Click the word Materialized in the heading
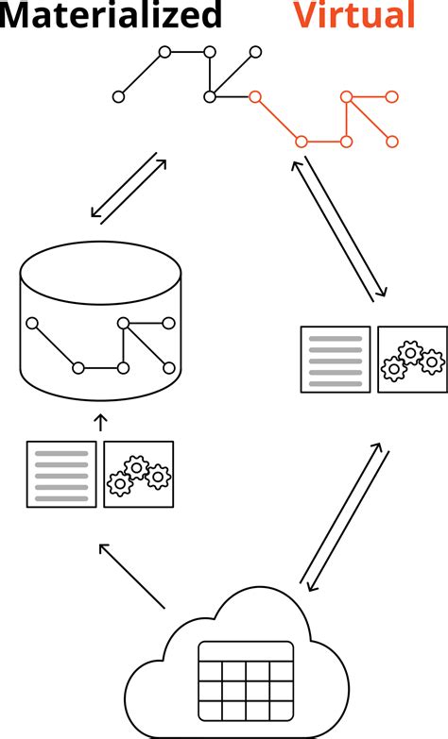tap(112, 15)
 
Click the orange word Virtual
tap(354, 15)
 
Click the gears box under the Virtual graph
tap(412, 359)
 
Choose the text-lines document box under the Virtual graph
tap(336, 359)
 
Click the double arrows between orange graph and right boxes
tap(337, 228)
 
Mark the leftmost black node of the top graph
tap(118, 96)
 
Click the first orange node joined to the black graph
tap(253, 96)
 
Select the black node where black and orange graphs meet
tap(210, 96)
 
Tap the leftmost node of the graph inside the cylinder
tap(32, 324)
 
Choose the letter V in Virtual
tap(305, 15)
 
